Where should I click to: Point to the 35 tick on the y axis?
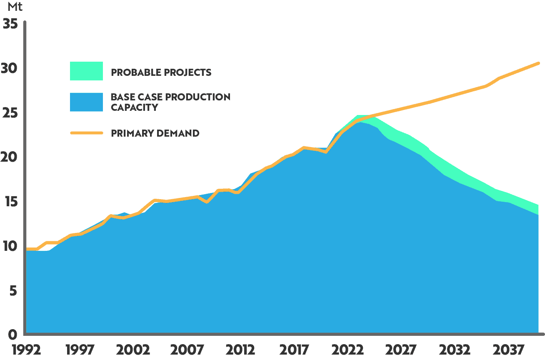[10, 24]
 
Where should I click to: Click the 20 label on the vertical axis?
[10, 157]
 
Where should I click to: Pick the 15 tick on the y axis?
[10, 202]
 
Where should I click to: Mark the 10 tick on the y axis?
[10, 246]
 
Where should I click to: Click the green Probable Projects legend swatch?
[86, 71]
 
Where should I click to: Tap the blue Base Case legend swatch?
[86, 102]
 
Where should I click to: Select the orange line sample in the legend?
[86, 133]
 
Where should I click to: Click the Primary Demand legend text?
[155, 133]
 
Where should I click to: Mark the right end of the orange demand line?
[538, 63]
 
